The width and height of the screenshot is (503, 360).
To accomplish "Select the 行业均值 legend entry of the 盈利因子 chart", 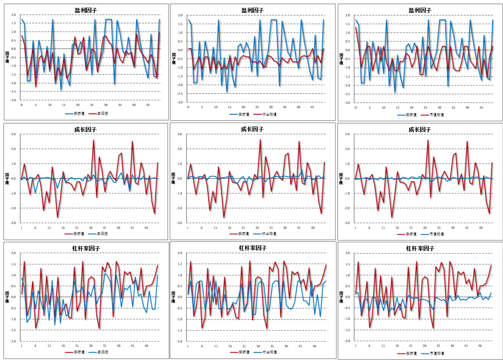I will click(269, 115).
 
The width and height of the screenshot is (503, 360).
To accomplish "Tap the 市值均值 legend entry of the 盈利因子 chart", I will click(437, 115).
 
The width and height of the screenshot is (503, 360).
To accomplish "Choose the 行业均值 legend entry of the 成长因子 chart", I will click(269, 234).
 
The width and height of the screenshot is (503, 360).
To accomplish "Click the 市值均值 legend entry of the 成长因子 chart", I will click(437, 234).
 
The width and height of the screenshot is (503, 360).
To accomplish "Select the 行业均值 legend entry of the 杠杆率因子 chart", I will click(269, 352).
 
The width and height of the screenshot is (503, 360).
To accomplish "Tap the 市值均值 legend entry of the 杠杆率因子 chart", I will click(437, 354).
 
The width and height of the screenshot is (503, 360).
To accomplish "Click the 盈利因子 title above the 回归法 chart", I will click(86, 11).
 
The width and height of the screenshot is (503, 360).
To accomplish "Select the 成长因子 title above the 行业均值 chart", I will click(252, 129).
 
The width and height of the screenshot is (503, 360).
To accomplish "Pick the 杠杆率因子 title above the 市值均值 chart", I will click(420, 249).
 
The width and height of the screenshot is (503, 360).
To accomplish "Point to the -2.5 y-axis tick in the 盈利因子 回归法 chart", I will click(13, 92).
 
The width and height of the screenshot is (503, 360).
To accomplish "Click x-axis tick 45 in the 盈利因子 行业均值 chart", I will click(312, 107).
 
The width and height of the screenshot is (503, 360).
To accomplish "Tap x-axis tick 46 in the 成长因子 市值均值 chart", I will click(481, 228).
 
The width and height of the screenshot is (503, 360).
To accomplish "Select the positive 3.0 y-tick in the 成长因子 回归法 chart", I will click(13, 134).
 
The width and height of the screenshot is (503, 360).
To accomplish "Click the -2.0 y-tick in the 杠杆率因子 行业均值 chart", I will click(180, 341).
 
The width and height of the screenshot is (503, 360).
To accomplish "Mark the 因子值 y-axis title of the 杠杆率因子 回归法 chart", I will click(7, 297).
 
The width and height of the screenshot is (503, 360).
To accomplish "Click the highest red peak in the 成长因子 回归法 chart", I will click(94, 140).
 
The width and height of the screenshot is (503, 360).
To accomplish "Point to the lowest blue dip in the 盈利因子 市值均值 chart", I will click(395, 92).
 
